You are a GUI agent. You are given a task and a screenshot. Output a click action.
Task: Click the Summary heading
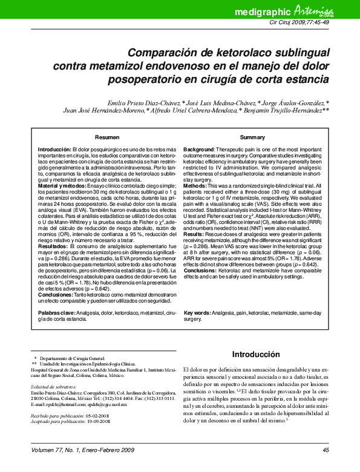point(252,138)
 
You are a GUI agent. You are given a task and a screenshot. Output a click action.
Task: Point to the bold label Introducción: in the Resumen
point(54,149)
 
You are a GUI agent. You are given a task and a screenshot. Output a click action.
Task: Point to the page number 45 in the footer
point(326,450)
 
